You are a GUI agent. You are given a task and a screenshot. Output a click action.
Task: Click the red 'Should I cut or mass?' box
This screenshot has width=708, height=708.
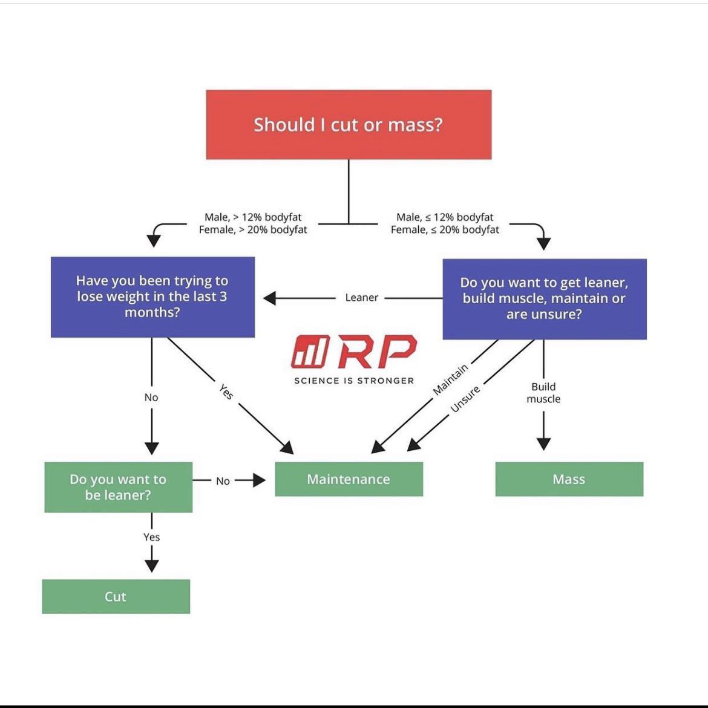pyautogui.click(x=349, y=125)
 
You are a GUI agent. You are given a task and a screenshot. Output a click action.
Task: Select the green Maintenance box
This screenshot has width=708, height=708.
pyautogui.click(x=349, y=479)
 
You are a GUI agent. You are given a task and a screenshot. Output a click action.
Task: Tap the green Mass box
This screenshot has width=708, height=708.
pyautogui.click(x=569, y=479)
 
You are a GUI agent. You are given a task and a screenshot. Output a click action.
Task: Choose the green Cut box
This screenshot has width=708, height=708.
pyautogui.click(x=116, y=597)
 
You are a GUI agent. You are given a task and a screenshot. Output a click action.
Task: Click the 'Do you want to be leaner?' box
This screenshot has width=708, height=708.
pyautogui.click(x=118, y=487)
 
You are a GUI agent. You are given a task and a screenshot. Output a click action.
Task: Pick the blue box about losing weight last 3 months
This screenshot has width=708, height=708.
pyautogui.click(x=152, y=297)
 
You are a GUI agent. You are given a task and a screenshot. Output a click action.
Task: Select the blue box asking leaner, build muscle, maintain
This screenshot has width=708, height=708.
pyautogui.click(x=544, y=299)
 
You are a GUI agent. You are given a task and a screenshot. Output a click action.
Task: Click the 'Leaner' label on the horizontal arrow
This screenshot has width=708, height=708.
pyautogui.click(x=361, y=298)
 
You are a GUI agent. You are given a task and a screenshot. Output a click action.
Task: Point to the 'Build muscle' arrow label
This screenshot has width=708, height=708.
pyautogui.click(x=543, y=393)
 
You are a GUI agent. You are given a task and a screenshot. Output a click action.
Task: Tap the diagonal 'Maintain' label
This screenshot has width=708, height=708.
pyautogui.click(x=451, y=380)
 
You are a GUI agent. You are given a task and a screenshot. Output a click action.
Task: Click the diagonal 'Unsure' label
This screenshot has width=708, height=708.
pyautogui.click(x=465, y=399)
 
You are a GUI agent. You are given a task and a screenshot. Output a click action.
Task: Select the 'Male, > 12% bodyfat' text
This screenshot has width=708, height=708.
pyautogui.click(x=253, y=217)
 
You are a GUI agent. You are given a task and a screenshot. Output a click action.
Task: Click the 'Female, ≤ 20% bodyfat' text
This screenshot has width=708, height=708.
pyautogui.click(x=445, y=230)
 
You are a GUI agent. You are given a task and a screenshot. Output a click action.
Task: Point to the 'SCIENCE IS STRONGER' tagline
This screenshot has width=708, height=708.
pyautogui.click(x=354, y=381)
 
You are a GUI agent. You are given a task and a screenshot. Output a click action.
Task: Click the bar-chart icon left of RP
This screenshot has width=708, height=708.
pyautogui.click(x=310, y=352)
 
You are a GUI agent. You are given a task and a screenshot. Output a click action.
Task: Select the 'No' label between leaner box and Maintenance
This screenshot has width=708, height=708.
pyautogui.click(x=223, y=481)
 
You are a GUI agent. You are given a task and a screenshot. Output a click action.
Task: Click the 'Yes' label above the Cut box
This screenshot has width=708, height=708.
pyautogui.click(x=151, y=537)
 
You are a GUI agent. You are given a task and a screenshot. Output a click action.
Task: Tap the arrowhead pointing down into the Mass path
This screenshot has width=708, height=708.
pyautogui.click(x=543, y=443)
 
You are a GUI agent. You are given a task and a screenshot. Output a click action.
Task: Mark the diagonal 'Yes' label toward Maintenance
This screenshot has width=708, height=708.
pyautogui.click(x=226, y=392)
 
